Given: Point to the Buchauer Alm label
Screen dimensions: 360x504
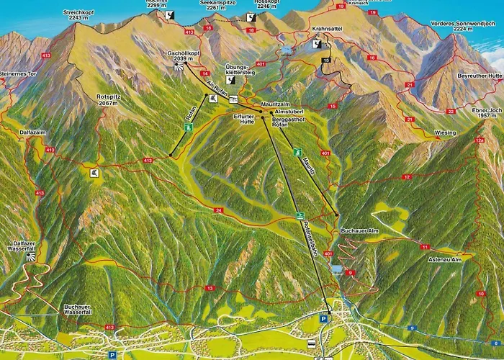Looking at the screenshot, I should (354, 230).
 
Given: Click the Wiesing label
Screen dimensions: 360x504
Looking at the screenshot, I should (445, 133).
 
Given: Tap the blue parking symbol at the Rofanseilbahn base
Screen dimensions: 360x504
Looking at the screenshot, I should (324, 318).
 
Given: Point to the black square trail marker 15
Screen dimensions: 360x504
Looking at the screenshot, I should (326, 60).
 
